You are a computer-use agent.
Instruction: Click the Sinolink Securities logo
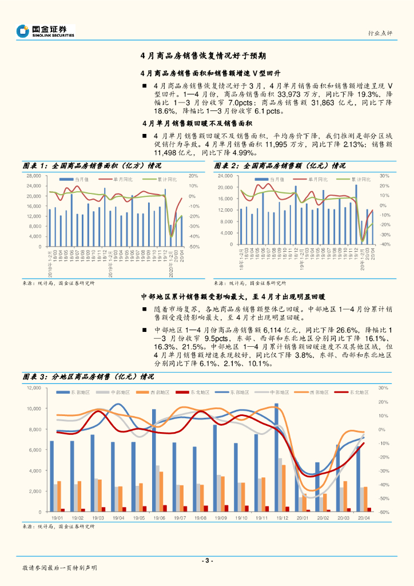point(46,31)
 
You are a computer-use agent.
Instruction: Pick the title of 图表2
point(281,165)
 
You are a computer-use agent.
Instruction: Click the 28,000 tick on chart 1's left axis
point(33,176)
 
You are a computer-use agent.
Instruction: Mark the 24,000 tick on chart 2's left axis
point(226,176)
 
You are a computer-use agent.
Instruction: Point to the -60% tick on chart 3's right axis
point(384,512)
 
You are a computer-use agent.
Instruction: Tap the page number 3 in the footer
point(208,561)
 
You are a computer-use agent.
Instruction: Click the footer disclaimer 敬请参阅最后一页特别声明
point(59,568)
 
